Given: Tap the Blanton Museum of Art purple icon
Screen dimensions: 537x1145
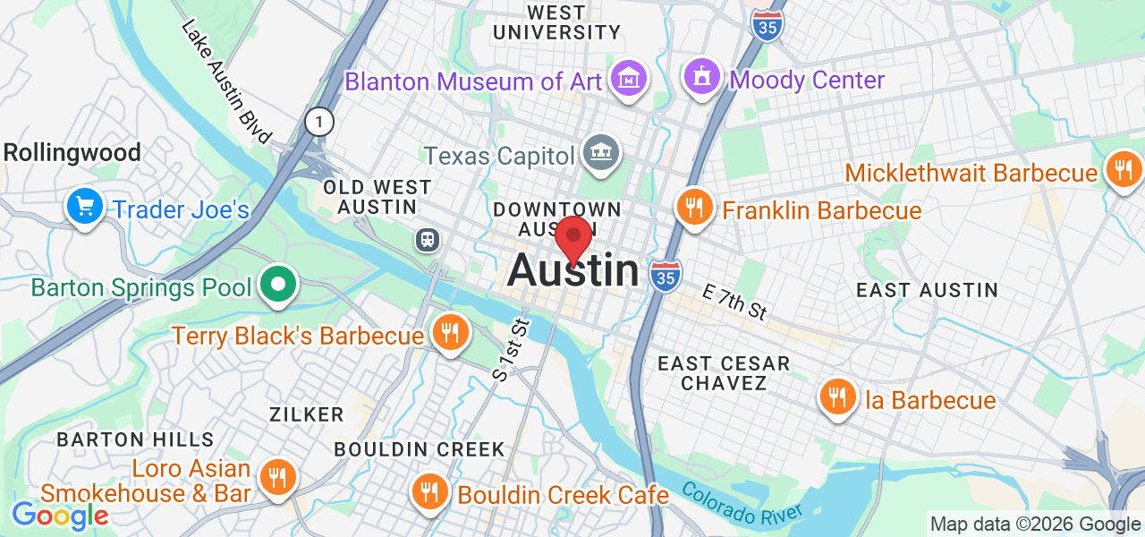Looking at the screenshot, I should coord(629,80).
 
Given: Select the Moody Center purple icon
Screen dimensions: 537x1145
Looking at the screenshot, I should coord(703,78).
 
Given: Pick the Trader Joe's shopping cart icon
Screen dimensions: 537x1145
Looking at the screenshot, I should coord(85,207).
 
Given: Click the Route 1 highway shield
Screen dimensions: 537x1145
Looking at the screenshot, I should coord(318,122).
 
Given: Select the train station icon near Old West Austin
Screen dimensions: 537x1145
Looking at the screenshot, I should coord(428,239).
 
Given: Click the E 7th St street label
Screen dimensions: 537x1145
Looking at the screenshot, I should coord(735,303).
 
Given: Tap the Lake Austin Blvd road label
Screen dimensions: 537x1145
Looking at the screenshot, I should coord(225,81).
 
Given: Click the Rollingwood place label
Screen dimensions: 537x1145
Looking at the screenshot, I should coord(72,152).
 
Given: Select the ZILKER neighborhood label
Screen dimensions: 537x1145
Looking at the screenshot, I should coord(307,414).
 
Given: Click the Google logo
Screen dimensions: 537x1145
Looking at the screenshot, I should coord(60,516).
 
